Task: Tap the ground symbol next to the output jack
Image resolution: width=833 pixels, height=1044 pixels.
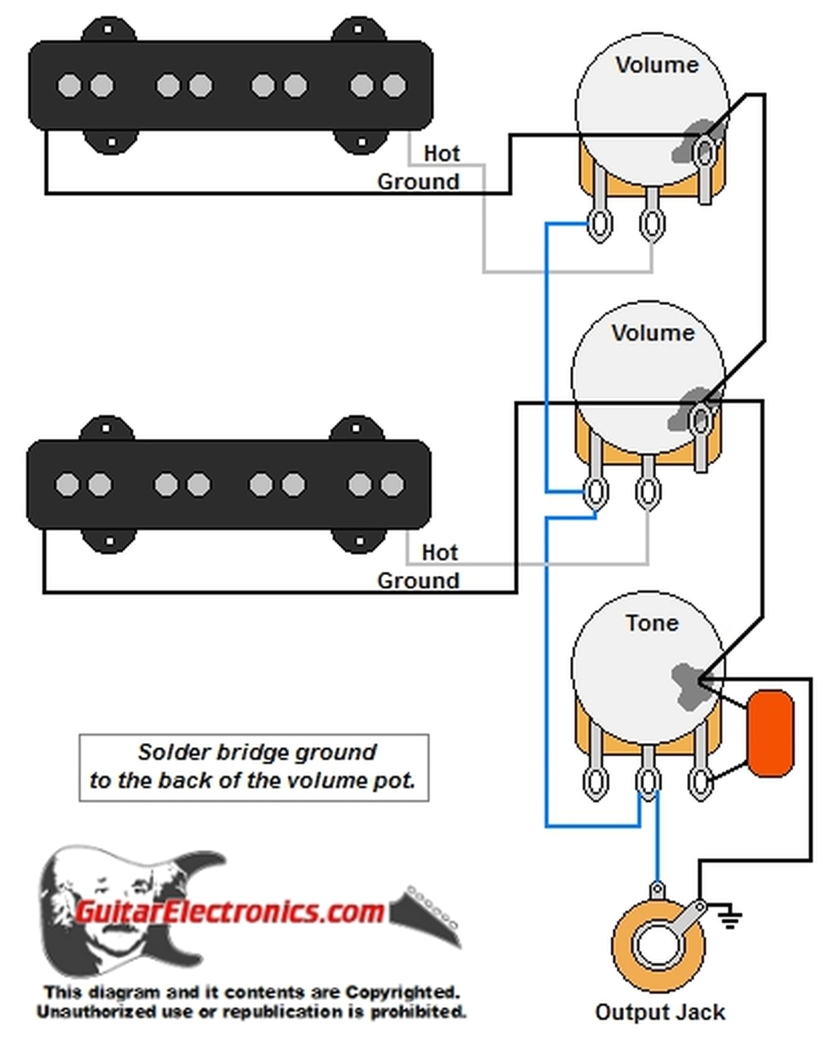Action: pyautogui.click(x=729, y=918)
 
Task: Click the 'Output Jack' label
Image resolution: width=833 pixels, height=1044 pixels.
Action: pyautogui.click(x=659, y=1012)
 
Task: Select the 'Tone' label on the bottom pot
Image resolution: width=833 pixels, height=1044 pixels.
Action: pyautogui.click(x=651, y=623)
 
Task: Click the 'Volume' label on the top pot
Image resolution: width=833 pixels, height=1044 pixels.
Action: pyautogui.click(x=657, y=65)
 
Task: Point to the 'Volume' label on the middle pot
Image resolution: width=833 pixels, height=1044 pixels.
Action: pyautogui.click(x=653, y=333)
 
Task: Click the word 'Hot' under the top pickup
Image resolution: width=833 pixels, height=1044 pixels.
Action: pyautogui.click(x=441, y=153)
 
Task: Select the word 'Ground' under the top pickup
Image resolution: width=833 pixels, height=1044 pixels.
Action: pyautogui.click(x=418, y=181)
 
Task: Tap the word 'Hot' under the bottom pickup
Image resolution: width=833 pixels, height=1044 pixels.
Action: pyautogui.click(x=440, y=552)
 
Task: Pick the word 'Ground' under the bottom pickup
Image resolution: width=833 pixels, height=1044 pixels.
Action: pyautogui.click(x=418, y=581)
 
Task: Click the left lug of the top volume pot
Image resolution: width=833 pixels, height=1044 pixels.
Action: pyautogui.click(x=600, y=225)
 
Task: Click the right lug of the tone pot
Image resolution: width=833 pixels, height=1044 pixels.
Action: pyautogui.click(x=699, y=782)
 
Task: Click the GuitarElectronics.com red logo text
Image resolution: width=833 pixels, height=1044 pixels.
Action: pyautogui.click(x=230, y=910)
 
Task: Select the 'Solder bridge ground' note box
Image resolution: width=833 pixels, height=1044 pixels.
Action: pyautogui.click(x=254, y=767)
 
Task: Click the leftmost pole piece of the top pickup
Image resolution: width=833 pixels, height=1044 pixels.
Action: pyautogui.click(x=69, y=86)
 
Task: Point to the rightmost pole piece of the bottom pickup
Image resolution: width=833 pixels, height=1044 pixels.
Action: pyautogui.click(x=392, y=484)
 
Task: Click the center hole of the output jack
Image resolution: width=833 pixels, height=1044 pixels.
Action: pyautogui.click(x=657, y=945)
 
